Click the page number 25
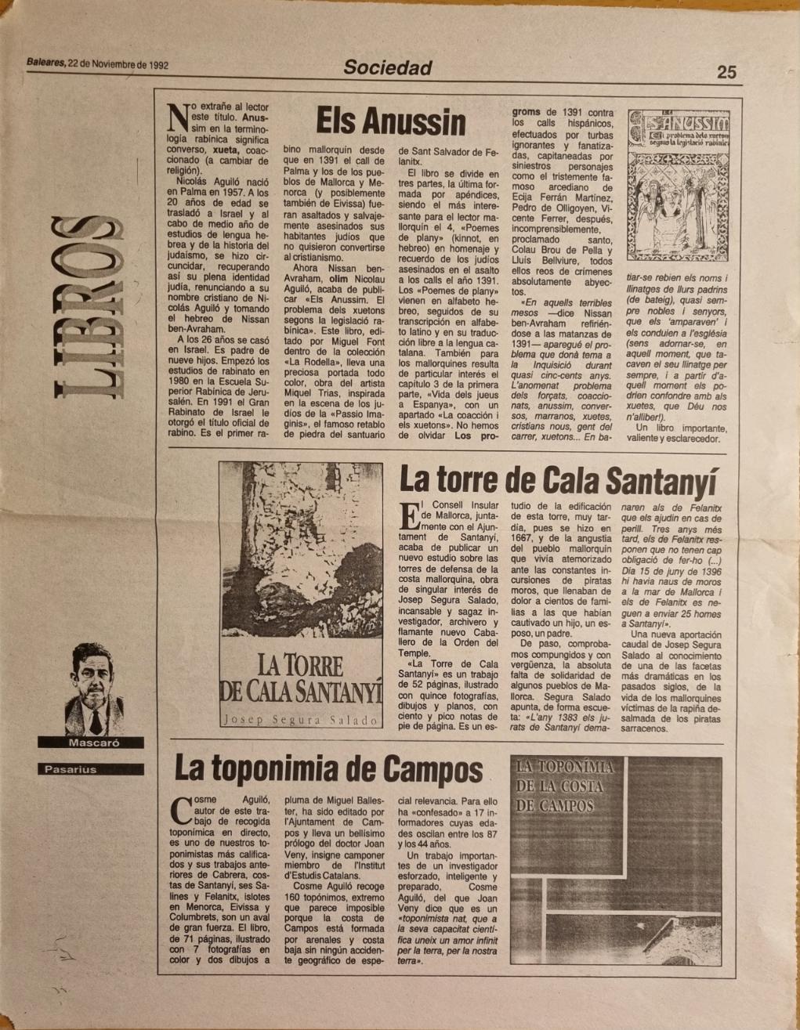point(726,71)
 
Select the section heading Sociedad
point(388,68)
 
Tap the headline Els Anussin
point(390,122)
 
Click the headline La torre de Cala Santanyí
point(558,479)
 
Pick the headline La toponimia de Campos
point(328,768)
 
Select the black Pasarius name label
point(71,769)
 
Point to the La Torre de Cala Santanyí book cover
point(300,595)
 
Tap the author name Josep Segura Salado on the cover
point(300,719)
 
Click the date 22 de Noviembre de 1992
point(118,65)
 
